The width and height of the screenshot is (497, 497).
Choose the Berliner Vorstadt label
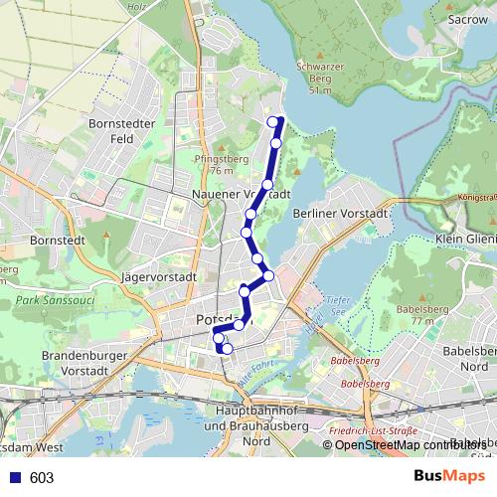pyautogui.click(x=338, y=213)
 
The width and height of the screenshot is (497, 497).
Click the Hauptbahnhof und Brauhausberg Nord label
pyautogui.click(x=248, y=425)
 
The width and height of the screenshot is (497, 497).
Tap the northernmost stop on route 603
pyautogui.click(x=274, y=122)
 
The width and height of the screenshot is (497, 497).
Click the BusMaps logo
pyautogui.click(x=450, y=477)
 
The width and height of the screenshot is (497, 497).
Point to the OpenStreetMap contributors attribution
pyautogui.click(x=410, y=444)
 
